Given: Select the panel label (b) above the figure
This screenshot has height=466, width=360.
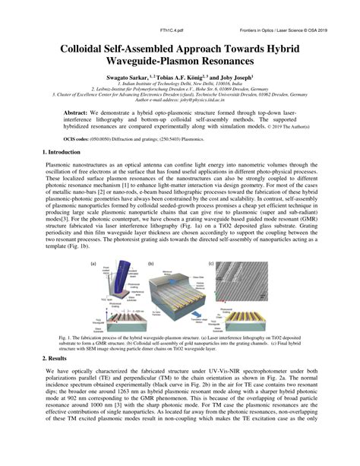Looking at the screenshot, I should click(151, 264).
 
